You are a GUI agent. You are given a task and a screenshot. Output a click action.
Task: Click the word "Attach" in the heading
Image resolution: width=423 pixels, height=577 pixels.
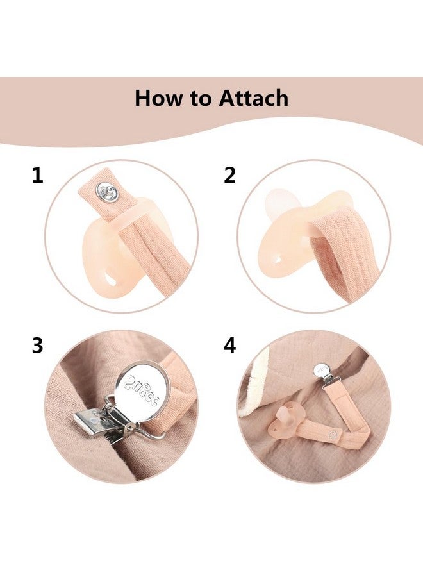(254, 98)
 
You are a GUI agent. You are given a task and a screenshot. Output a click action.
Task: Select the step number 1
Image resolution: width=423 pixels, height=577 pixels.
(38, 175)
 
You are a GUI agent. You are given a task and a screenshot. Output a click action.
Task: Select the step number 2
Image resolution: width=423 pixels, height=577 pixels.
(230, 175)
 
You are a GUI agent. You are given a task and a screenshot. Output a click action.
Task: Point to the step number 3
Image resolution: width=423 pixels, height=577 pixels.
(38, 346)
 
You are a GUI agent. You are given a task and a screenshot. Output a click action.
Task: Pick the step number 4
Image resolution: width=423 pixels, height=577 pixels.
(230, 346)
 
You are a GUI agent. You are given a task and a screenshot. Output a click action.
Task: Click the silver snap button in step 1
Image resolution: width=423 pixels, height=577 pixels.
(106, 190)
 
